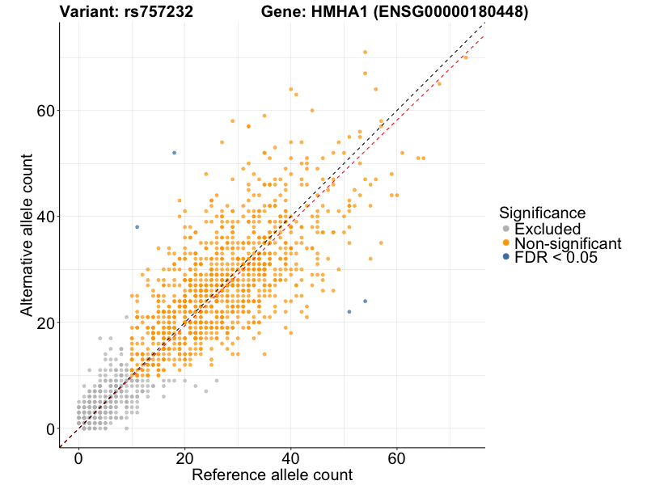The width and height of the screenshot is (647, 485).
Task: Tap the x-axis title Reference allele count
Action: (272, 474)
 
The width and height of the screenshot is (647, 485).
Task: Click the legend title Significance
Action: (542, 213)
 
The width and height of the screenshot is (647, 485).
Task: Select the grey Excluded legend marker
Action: (506, 229)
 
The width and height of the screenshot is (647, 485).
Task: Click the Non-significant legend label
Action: (568, 243)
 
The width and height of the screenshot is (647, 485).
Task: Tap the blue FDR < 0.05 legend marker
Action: (506, 257)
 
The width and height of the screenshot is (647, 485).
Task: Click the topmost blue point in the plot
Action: (174, 153)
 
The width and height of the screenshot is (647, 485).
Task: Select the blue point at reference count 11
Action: (137, 227)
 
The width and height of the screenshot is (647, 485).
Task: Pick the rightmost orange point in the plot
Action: (465, 57)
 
